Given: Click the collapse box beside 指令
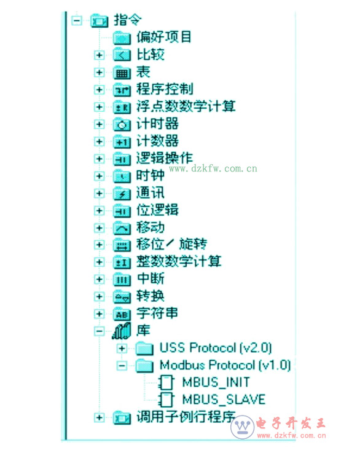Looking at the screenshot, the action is [77, 20].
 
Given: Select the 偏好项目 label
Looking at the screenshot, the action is [163, 37].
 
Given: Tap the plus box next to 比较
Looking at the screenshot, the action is [99, 55].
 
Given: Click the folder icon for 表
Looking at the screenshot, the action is [122, 73].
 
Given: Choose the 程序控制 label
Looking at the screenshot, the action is [165, 89].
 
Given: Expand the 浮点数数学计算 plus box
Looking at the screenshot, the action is [99, 107].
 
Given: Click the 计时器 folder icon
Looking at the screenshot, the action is [122, 124].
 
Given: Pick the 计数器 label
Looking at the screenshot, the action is [157, 141].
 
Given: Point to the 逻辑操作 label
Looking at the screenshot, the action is [165, 159].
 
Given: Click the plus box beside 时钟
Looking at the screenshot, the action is [99, 176].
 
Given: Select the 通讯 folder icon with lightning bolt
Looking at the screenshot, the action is [122, 193].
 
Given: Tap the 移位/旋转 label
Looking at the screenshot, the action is [172, 245].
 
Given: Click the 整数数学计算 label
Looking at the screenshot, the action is [179, 261].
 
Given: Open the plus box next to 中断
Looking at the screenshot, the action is [99, 279].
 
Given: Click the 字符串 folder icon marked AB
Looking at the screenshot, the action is [122, 313].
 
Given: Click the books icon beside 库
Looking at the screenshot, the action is [122, 331].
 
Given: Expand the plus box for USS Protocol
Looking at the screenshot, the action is [122, 349].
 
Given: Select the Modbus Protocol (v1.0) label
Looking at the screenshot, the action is [225, 365].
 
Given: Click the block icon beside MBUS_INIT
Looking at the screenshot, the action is [166, 382].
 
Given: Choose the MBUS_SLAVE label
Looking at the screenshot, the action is [224, 400].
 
